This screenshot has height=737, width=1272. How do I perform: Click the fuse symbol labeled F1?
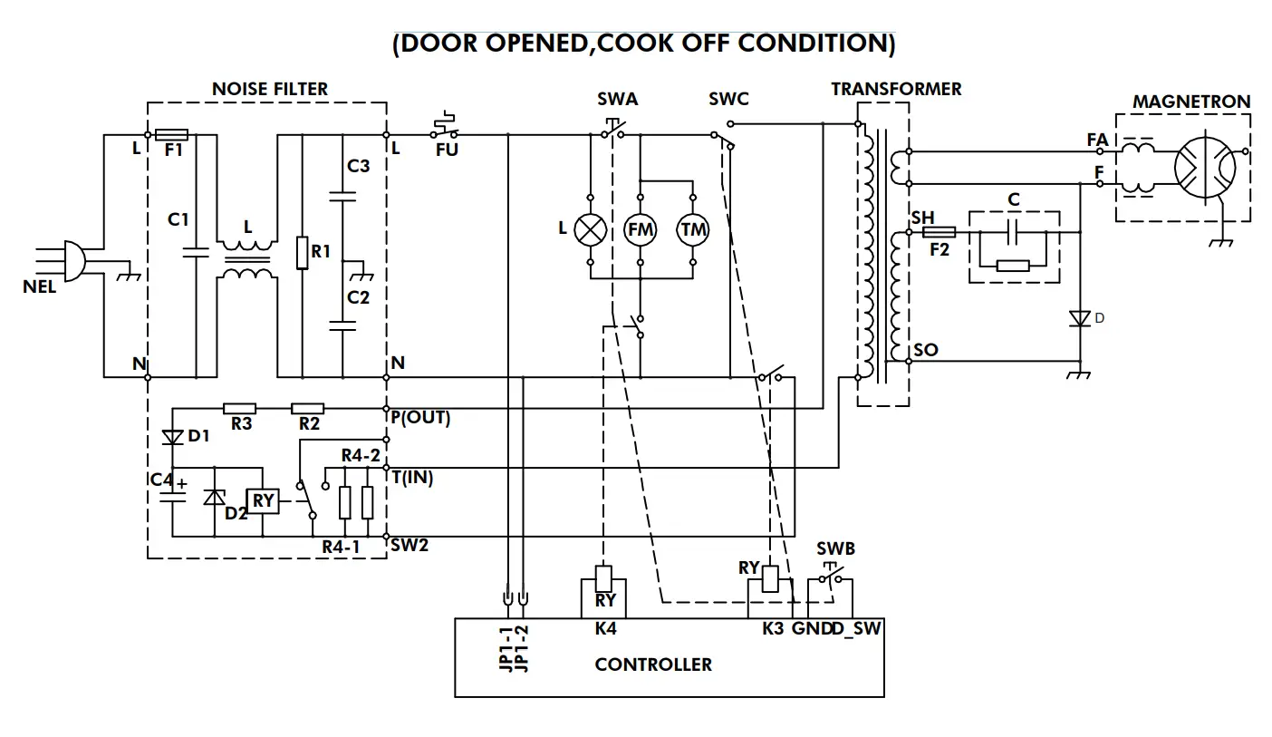tap(172, 135)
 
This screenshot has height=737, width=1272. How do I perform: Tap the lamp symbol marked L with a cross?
tap(592, 229)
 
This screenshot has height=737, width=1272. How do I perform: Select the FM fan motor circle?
tap(641, 230)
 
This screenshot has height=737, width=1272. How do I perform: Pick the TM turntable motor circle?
tap(693, 230)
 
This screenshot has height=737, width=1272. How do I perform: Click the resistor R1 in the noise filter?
tap(302, 252)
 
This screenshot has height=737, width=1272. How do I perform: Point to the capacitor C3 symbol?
tap(342, 194)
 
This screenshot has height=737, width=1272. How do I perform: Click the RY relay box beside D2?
tap(263, 500)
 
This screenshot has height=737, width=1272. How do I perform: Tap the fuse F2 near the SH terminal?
tap(939, 232)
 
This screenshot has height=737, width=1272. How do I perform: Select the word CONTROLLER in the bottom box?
tap(653, 664)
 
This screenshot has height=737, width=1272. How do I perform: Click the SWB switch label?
tap(835, 549)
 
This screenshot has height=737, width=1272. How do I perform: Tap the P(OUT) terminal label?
tap(420, 419)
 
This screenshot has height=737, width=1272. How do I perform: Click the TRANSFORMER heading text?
tap(896, 89)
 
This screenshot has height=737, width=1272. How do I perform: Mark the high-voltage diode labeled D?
tap(1079, 318)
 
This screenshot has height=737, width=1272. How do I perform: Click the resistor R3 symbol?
tap(239, 409)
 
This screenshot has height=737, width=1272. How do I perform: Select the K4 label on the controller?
tap(605, 628)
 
